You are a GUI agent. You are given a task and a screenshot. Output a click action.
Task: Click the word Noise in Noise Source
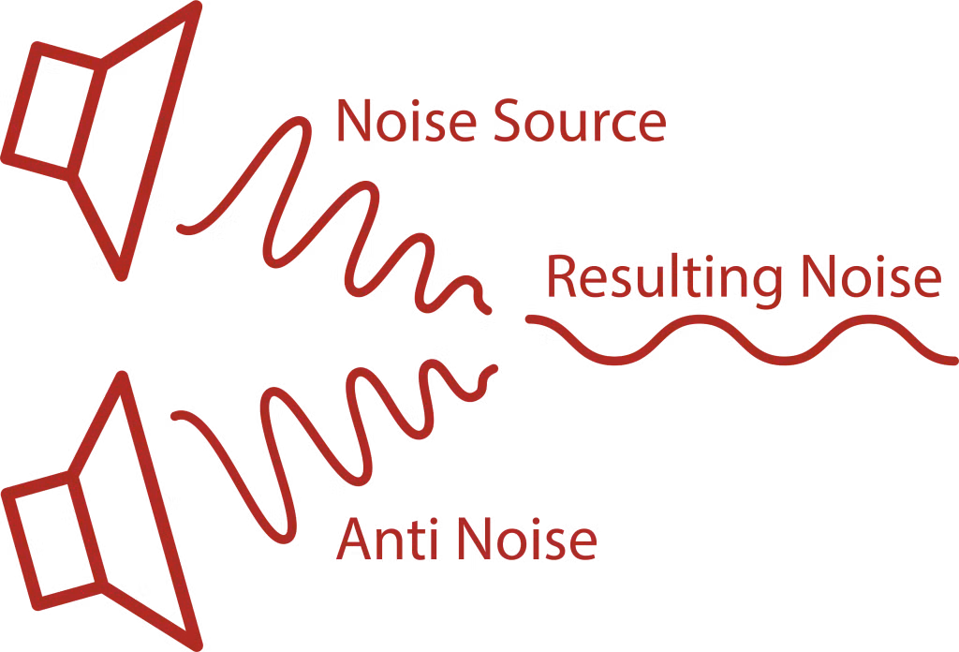406,121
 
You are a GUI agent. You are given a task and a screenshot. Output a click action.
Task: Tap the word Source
581,121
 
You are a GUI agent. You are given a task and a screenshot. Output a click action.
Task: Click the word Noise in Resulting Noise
872,276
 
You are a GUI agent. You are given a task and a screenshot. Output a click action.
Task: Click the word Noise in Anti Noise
527,539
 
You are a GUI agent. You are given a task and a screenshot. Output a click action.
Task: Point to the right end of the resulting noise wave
953,361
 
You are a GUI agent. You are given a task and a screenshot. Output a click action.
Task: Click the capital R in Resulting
562,276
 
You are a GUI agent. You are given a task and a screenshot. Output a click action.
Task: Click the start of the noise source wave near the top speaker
181,229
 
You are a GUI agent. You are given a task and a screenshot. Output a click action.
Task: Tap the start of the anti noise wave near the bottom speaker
175,416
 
